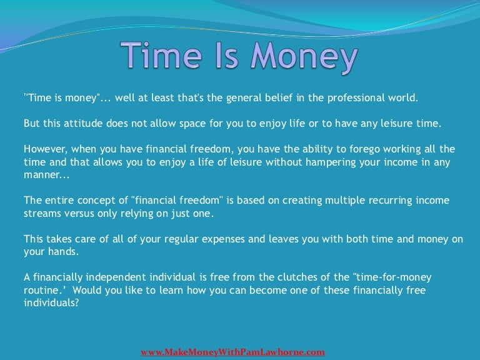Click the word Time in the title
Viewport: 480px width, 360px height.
coord(157,56)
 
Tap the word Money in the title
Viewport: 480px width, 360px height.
coord(304,57)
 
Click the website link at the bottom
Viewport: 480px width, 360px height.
coord(232,352)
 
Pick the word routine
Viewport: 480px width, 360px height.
coord(41,291)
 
